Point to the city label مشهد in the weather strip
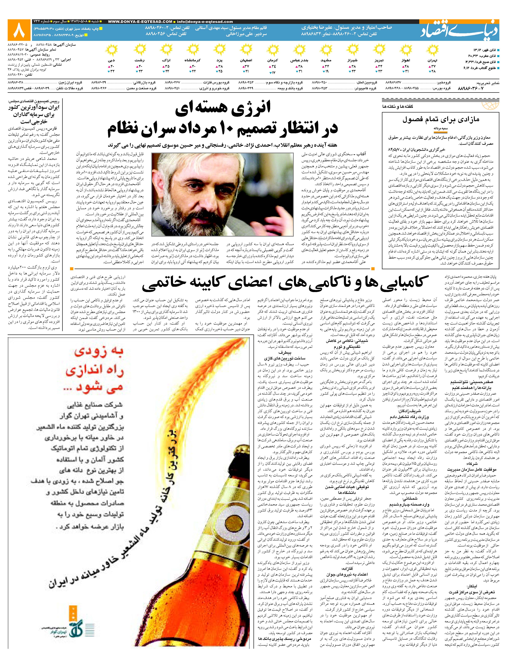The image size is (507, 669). [x=328, y=60]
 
